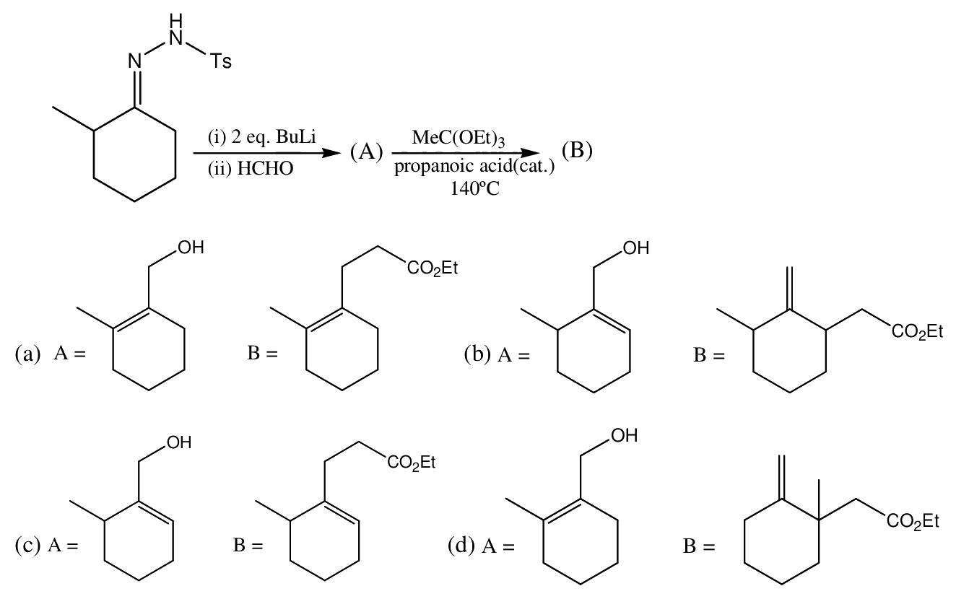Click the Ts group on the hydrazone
pos(221,62)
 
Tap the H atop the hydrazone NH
pos(175,20)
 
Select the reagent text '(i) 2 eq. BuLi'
pos(261,137)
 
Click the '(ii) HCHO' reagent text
pos(251,169)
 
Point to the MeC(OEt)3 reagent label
pos(459,138)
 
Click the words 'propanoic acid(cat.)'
pos(474,167)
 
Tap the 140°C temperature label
pos(474,188)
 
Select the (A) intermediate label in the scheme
pos(367,152)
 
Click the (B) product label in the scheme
pos(577,151)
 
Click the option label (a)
pos(27,354)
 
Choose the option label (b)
pos(477,354)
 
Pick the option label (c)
pos(27,546)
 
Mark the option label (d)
pos(461,546)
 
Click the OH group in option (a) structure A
pos(191,247)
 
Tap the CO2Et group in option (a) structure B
pos(433,268)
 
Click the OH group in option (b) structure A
pos(636,248)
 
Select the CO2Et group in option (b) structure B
pos(917,332)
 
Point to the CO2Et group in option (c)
pos(411,463)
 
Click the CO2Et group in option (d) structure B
pos(913,521)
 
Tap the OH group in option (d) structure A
pos(625,436)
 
